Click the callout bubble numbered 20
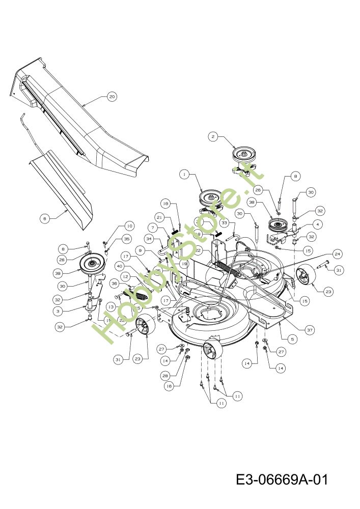(112, 96)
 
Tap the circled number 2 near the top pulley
(213, 136)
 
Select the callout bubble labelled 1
(184, 174)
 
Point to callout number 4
(317, 223)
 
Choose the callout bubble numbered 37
(309, 330)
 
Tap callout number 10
(129, 225)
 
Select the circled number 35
(127, 238)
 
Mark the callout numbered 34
(149, 238)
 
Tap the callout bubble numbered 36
(115, 284)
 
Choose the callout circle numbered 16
(170, 386)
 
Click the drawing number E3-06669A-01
(281, 479)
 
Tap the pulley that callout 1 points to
(210, 196)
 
